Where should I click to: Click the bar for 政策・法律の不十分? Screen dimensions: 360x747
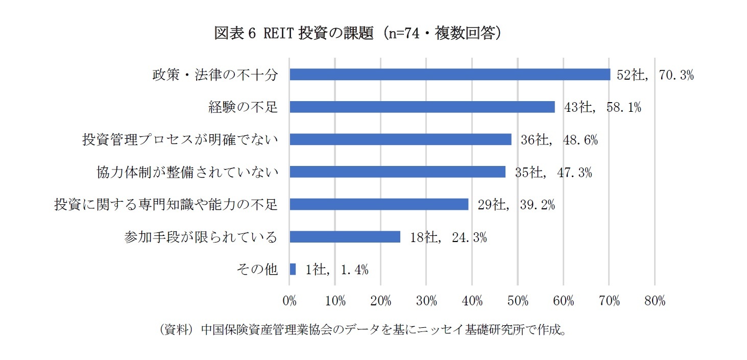pos(450,75)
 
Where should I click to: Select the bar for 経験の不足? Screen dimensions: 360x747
pos(422,107)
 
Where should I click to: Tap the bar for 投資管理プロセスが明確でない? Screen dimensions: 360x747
pos(400,139)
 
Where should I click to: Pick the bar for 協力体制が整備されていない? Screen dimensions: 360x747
pos(397,172)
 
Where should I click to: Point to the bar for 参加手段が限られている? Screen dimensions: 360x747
pos(345,236)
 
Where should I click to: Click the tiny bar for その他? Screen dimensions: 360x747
pos(293,269)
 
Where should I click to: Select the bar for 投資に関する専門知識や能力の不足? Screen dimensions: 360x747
pos(379,204)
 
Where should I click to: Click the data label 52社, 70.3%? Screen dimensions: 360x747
pos(655,75)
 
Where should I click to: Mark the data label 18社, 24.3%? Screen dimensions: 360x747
pos(448,237)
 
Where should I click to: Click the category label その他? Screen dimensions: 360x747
pos(257,269)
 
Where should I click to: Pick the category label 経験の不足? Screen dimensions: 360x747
pos(243,107)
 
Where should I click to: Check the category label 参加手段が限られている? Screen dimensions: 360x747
pos(201,237)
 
